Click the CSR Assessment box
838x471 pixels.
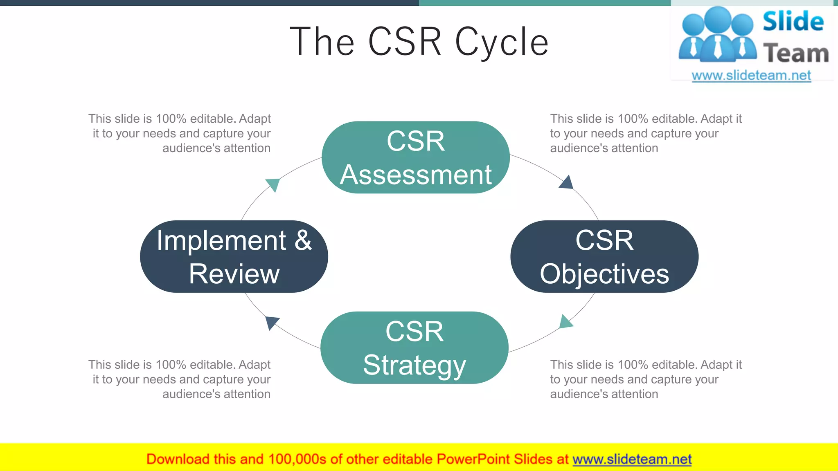point(415,157)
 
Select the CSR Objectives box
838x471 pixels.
point(604,256)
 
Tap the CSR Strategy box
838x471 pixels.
point(414,348)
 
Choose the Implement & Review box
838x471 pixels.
point(234,256)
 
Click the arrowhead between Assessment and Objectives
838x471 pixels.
point(567,183)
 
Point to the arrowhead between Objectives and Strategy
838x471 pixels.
point(565,322)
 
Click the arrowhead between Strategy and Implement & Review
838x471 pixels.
point(271,322)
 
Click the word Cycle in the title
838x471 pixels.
point(502,42)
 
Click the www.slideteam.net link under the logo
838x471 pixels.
point(751,75)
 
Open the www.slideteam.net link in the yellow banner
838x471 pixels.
point(632,459)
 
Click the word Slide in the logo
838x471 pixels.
point(793,21)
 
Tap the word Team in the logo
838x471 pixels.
point(796,54)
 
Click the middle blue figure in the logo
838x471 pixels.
point(718,35)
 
